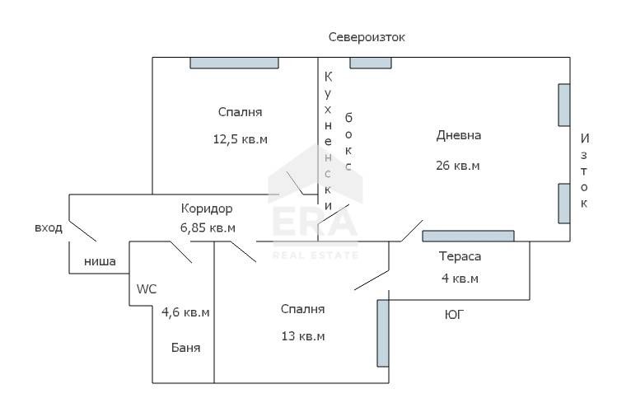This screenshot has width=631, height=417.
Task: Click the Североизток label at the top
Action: click(367, 37)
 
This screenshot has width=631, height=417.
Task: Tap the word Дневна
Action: click(458, 135)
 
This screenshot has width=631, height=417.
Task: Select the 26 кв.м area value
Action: click(458, 165)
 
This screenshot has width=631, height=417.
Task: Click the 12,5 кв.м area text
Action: click(241, 138)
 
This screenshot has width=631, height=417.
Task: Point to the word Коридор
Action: click(207, 208)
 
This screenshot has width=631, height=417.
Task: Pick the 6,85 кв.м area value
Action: click(208, 227)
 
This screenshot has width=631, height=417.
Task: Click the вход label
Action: click(49, 227)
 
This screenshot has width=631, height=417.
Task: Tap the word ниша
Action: click(99, 263)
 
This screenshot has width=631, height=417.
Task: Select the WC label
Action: click(147, 288)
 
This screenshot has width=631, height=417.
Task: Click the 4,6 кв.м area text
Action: click(185, 312)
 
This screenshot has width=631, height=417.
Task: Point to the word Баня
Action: click(185, 348)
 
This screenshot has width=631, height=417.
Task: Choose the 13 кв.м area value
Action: click(302, 336)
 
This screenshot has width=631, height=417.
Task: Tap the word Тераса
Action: click(460, 256)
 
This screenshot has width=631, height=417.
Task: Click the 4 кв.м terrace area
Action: click(460, 278)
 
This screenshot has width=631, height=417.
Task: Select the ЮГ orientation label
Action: click(453, 314)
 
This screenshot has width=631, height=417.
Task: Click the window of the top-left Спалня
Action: click(235, 63)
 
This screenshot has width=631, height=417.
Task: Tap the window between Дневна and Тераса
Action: click(468, 237)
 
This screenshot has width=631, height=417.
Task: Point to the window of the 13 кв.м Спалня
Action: click(383, 333)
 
